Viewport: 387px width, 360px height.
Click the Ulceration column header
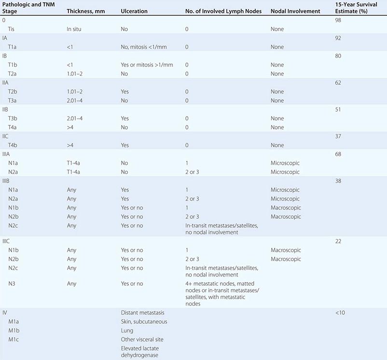tap(134, 11)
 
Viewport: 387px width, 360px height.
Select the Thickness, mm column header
tap(85, 11)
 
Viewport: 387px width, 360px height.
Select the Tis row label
tap(13, 29)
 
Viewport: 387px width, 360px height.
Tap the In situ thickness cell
tap(76, 29)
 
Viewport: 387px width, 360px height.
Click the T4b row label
tap(14, 145)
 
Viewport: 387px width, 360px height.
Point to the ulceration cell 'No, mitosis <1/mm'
tap(147, 47)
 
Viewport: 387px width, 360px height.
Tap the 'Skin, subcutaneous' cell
tap(144, 321)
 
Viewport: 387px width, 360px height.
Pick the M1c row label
tap(14, 340)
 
